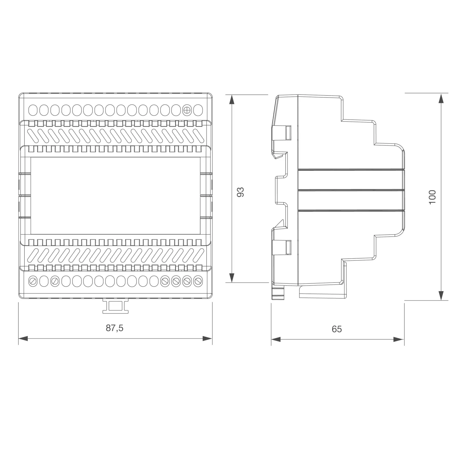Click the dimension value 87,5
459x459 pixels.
tap(114, 328)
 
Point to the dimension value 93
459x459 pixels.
tap(241, 192)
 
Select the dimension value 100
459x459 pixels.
tap(432, 197)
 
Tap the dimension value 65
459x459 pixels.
tap(337, 329)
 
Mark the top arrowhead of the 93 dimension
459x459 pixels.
tap(232, 99)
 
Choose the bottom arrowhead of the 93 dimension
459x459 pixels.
tap(232, 278)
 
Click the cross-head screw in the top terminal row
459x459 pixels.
tap(187, 110)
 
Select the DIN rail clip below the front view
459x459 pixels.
tap(115, 306)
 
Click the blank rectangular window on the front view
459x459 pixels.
tap(115, 195)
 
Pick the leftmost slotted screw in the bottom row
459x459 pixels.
tap(33, 281)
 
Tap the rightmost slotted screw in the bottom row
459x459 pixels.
tap(198, 281)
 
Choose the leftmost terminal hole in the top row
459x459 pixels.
tap(33, 110)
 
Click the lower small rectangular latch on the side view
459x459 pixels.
tap(288, 247)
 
